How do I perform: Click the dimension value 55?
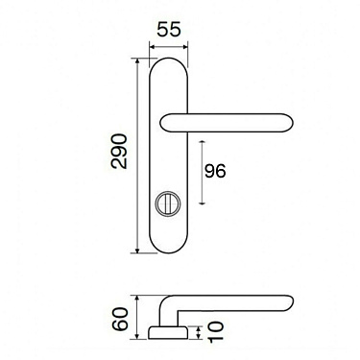pos(169,31)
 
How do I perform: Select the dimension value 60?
pos(121,319)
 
